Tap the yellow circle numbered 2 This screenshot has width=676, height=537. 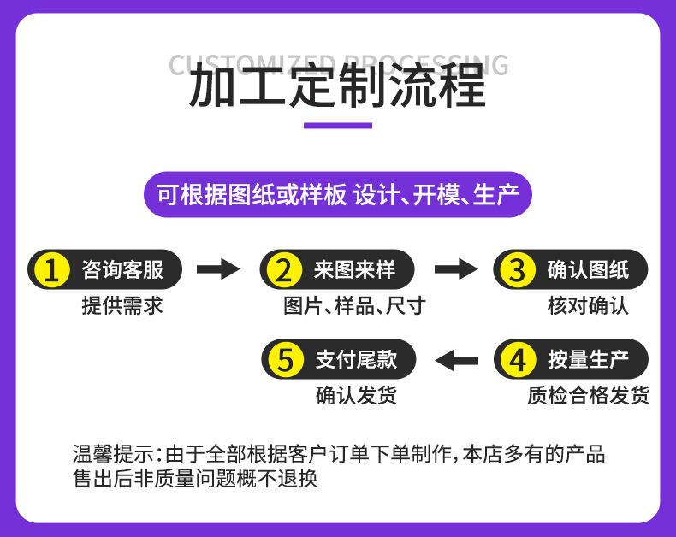[x=284, y=271]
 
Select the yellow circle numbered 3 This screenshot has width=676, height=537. [x=518, y=271]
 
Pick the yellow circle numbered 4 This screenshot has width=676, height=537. [x=518, y=360]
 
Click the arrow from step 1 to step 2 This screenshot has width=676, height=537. [x=218, y=270]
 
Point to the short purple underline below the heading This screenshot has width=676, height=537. [x=338, y=127]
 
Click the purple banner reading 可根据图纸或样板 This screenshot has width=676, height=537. [x=337, y=195]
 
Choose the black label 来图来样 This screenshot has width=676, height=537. [x=354, y=271]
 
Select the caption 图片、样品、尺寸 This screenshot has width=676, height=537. [x=354, y=306]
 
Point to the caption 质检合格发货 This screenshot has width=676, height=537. [x=588, y=395]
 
